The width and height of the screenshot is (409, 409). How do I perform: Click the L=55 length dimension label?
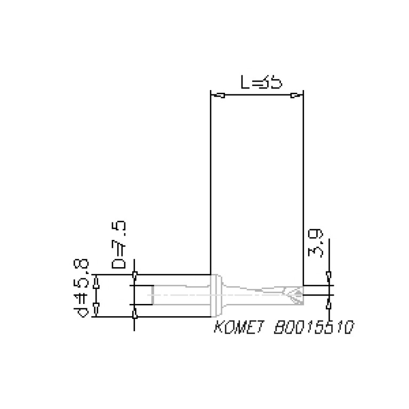[260, 83]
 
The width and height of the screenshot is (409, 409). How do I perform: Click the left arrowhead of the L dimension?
[218, 97]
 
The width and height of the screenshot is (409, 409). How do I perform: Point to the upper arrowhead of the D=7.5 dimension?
[134, 276]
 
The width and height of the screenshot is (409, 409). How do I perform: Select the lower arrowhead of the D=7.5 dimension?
[134, 315]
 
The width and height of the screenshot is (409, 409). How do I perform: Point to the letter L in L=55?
[244, 83]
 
